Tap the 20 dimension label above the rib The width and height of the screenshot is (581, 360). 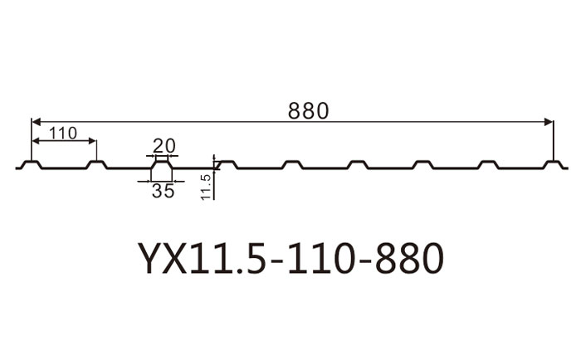click(x=164, y=144)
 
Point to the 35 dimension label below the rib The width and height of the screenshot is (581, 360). click(x=163, y=192)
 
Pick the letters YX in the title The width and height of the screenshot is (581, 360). click(x=161, y=258)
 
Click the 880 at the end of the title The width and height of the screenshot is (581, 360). click(x=409, y=258)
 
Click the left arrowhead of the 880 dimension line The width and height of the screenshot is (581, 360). click(x=35, y=122)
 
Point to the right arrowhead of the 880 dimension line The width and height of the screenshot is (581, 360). click(x=549, y=122)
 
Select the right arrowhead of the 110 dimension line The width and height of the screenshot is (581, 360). click(x=93, y=141)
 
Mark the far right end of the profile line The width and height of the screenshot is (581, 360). click(x=567, y=168)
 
